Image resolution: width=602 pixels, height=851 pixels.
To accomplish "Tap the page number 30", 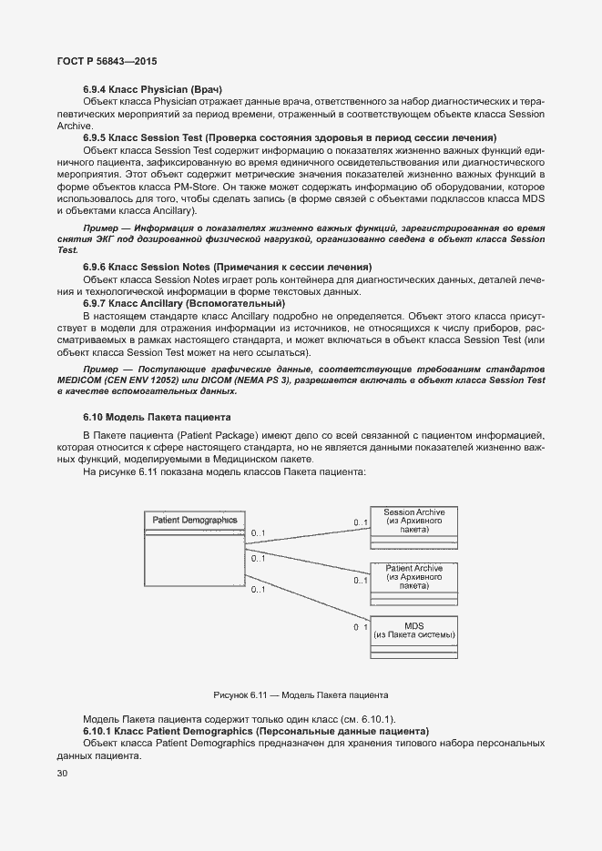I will point(63,774).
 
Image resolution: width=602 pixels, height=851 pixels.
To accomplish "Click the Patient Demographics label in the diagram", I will point(194,520).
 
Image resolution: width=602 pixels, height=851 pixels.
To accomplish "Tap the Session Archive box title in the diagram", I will point(414,512).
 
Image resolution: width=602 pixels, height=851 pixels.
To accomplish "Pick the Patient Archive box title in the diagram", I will point(414,568).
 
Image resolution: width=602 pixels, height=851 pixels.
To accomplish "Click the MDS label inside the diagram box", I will point(414,626).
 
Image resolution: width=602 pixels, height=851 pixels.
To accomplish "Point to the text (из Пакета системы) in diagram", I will point(414,635).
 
